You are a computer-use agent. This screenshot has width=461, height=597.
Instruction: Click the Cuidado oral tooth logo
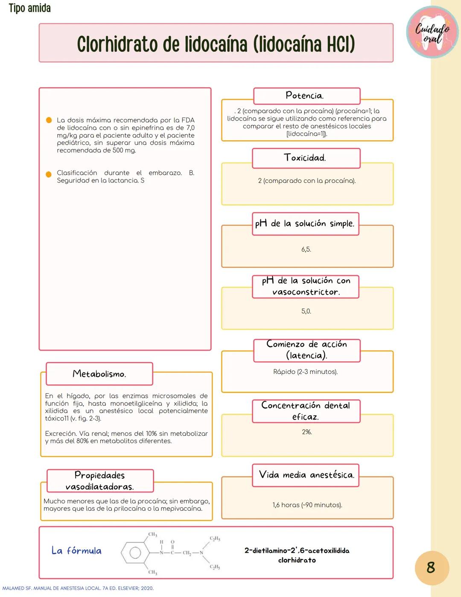coord(432,32)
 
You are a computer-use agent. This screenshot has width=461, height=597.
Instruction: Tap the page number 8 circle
coord(432,568)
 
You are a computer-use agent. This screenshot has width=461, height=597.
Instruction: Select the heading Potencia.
coord(305,95)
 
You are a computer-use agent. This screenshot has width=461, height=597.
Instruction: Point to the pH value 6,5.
coord(306,249)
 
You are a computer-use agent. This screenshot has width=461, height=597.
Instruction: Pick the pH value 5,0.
coord(306,311)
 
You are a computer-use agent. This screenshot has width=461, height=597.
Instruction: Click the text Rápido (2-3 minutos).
coord(305,372)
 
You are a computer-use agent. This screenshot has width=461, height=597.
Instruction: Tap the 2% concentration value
coord(306,432)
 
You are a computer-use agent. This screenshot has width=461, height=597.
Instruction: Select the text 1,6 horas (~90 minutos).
coord(307,505)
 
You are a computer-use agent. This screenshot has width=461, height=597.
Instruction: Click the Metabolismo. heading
coord(99,374)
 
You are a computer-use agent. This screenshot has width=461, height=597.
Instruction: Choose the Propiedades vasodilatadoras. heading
coord(99,481)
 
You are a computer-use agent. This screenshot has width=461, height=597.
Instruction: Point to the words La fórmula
coord(76,550)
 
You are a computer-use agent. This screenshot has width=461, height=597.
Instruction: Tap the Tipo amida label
coord(29,8)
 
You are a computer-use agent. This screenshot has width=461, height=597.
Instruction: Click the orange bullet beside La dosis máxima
coord(49,120)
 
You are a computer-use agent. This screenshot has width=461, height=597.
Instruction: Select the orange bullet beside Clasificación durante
coord(49,174)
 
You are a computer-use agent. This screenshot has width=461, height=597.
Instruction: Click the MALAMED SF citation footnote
coord(78,588)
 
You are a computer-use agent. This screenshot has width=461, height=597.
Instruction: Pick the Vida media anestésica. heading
coord(306,475)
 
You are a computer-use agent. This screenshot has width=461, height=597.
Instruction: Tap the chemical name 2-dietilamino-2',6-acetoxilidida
coord(297,550)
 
